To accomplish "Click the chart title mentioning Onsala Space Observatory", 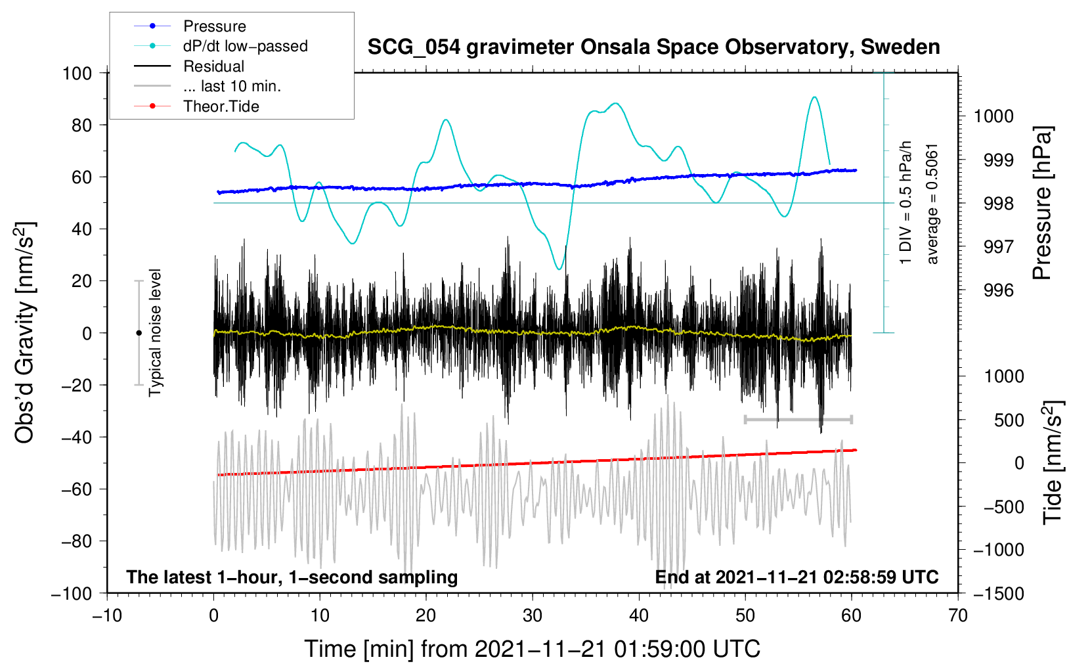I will pyautogui.click(x=653, y=47).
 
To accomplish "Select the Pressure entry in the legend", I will pyautogui.click(x=215, y=26).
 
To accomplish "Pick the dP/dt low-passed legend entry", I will pyautogui.click(x=245, y=46).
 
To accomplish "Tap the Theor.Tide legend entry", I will pyautogui.click(x=221, y=106).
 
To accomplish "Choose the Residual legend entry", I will pyautogui.click(x=213, y=66).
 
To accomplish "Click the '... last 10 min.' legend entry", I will pyautogui.click(x=232, y=86).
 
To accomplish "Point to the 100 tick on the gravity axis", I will pyautogui.click(x=77, y=73).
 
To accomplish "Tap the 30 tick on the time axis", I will pyautogui.click(x=533, y=615).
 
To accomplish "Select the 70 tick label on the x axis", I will pyautogui.click(x=958, y=615).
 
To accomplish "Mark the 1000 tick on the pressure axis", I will pyautogui.click(x=993, y=116).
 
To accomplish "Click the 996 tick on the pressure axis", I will pyautogui.click(x=998, y=290).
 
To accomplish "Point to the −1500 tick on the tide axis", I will pyautogui.click(x=998, y=593).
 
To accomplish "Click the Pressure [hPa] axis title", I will pyautogui.click(x=1042, y=203).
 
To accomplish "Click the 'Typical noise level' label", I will pyautogui.click(x=155, y=332).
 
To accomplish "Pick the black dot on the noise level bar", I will pyautogui.click(x=139, y=333).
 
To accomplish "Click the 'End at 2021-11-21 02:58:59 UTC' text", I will pyautogui.click(x=796, y=577).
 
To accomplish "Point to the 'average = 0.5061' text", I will pyautogui.click(x=932, y=204).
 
